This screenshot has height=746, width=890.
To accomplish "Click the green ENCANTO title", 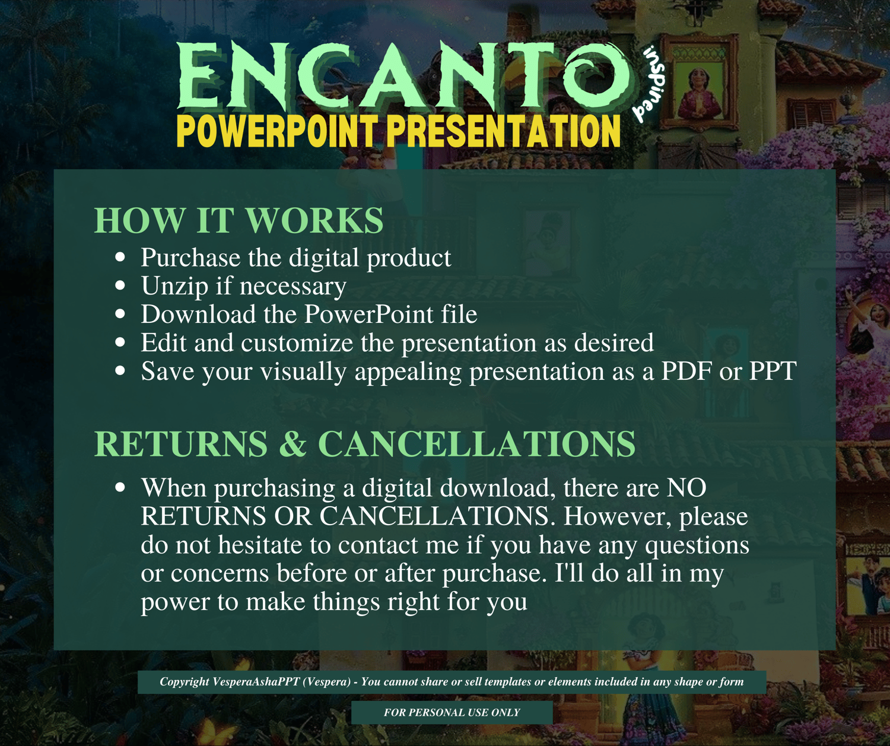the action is coord(403,77).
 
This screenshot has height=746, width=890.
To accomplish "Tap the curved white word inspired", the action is coord(649,85).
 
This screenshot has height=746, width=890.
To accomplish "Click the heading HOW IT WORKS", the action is coord(239,220).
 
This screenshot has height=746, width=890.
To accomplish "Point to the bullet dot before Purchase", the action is coord(120,257).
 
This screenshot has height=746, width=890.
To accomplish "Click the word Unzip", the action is coord(175,286).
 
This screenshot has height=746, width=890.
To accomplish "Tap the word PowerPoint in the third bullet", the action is coord(368,314).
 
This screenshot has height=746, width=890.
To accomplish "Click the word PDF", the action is coord(686,371).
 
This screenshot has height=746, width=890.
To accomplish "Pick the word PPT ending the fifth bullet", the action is coord(773,371).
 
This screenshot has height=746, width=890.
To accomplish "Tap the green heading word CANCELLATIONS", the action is coord(476,444).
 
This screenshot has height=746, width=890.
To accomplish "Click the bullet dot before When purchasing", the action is coord(120,487).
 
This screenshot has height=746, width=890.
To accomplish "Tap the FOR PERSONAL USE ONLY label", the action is coord(452,712).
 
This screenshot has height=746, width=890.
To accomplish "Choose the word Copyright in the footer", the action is coord(185,682).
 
